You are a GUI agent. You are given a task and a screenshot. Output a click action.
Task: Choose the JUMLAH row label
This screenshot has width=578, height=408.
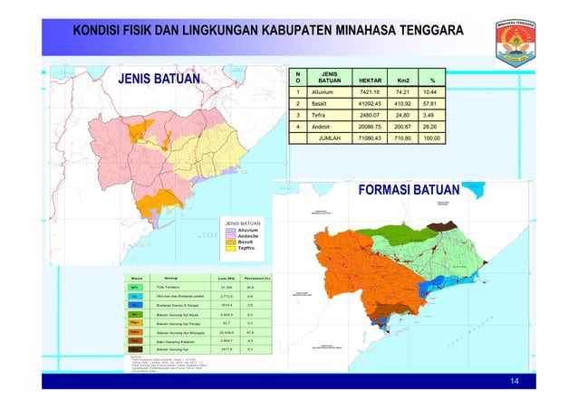[x=323, y=139]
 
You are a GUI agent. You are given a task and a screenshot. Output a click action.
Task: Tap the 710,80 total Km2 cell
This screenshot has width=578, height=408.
[x=402, y=139]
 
